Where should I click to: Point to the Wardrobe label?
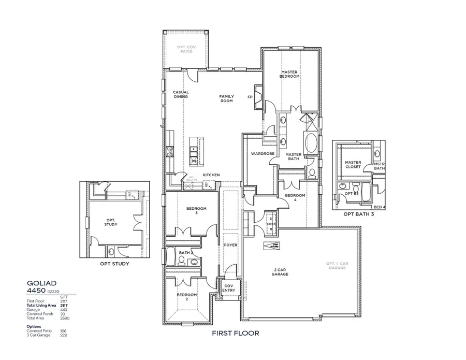pyautogui.click(x=258, y=154)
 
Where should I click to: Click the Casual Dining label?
pyautogui.click(x=181, y=94)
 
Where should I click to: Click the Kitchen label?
pyautogui.click(x=211, y=175)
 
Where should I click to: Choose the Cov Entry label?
pyautogui.click(x=228, y=288)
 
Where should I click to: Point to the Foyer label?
pyautogui.click(x=230, y=244)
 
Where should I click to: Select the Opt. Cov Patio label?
pyautogui.click(x=185, y=50)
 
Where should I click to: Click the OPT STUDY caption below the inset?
pyautogui.click(x=114, y=264)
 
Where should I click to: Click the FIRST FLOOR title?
pyautogui.click(x=236, y=333)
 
